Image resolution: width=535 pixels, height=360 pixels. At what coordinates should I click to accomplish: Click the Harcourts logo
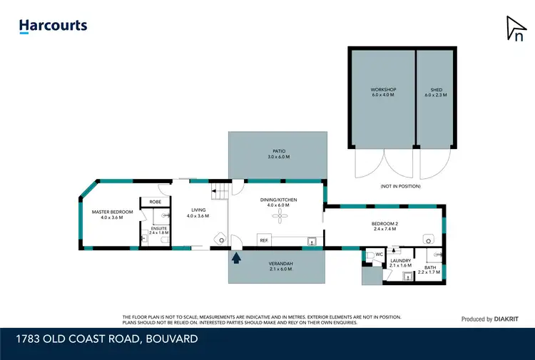click(x=53, y=26)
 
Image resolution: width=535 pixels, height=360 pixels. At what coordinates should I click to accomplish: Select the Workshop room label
click(x=383, y=92)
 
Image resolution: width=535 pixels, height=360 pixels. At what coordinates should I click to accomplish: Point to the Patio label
click(x=279, y=153)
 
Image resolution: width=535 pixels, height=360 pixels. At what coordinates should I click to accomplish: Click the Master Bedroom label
click(x=112, y=214)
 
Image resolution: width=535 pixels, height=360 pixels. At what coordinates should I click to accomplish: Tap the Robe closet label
click(x=156, y=202)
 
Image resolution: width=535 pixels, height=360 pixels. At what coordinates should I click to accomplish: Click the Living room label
click(x=198, y=212)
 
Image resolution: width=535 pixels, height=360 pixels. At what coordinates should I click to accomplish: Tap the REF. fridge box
click(x=264, y=241)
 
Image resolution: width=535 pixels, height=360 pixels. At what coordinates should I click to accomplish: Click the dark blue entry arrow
click(x=235, y=257)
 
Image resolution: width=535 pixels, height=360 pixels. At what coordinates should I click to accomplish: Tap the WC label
click(x=379, y=253)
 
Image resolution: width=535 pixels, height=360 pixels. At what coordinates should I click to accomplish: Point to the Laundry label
click(x=401, y=263)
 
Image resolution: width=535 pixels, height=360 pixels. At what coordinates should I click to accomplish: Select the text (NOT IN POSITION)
click(x=400, y=186)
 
